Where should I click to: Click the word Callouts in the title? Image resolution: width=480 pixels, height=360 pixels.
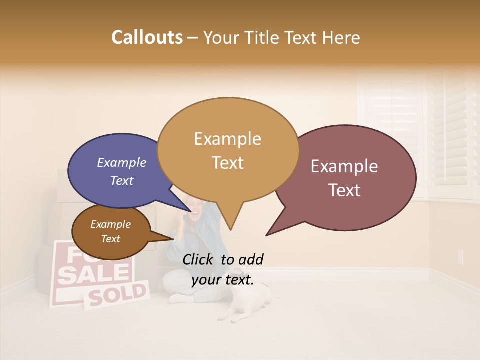[147, 37]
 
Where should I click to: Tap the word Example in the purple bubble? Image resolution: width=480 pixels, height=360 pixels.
[122, 162]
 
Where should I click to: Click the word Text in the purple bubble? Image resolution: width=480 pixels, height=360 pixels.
[122, 180]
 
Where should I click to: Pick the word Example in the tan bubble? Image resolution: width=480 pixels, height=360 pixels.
[227, 139]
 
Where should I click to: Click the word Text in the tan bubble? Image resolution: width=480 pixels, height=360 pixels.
[227, 162]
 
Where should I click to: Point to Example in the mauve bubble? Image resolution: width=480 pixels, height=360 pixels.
[344, 166]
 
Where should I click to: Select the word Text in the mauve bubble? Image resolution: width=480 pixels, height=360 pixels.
[344, 190]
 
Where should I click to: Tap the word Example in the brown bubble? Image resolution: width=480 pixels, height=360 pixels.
[111, 224]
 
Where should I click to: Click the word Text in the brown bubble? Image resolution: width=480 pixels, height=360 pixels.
[111, 239]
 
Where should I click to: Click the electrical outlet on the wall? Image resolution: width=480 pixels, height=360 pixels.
[460, 257]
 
